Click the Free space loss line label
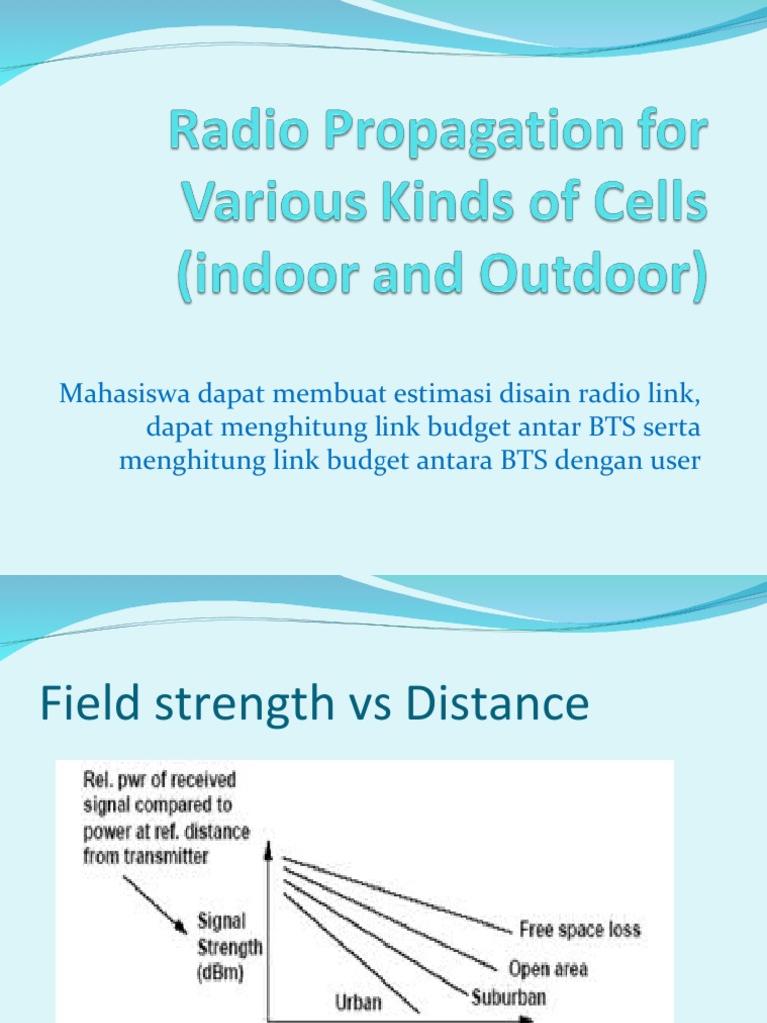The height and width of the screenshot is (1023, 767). (579, 929)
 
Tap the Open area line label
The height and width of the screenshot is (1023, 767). (548, 968)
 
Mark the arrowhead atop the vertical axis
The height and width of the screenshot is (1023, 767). (268, 849)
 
